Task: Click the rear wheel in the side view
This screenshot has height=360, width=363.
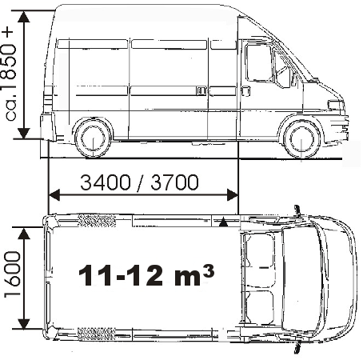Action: (x=93, y=138)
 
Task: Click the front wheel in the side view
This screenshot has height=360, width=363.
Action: (x=301, y=139)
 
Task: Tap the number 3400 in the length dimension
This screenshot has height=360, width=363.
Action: (x=106, y=182)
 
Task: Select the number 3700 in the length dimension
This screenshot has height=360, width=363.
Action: (x=174, y=182)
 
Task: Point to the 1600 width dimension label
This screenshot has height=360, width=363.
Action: (x=12, y=274)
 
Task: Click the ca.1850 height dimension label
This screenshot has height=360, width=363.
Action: (x=10, y=82)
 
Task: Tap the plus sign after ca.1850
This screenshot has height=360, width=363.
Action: (x=8, y=33)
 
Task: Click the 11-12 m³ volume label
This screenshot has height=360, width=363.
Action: (x=146, y=275)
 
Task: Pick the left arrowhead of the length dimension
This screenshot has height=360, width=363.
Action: (x=54, y=195)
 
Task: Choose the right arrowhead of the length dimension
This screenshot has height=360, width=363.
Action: (x=232, y=195)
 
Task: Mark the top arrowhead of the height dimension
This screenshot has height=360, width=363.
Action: (x=24, y=17)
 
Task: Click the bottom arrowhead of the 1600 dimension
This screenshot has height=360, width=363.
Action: (x=24, y=324)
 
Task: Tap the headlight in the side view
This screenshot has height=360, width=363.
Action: (x=336, y=105)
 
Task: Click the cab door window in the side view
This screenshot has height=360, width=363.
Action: (x=260, y=63)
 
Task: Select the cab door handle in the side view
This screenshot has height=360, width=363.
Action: (x=245, y=91)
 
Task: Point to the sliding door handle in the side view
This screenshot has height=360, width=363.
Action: (x=201, y=91)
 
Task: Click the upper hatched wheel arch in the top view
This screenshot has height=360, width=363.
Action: (x=97, y=220)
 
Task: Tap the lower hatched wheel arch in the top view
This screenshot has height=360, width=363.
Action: (x=96, y=334)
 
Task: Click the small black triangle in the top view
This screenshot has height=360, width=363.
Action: (x=223, y=222)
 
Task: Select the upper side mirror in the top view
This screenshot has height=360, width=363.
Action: (x=297, y=210)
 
